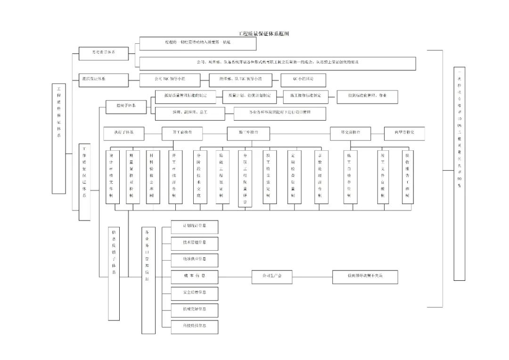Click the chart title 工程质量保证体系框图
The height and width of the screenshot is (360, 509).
[x=263, y=34]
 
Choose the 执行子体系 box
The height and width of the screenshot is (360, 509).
[x=124, y=133]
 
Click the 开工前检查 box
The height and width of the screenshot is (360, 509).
[x=182, y=133]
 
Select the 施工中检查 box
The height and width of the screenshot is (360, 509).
[x=248, y=133]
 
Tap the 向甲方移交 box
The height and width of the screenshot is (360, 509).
[x=404, y=133]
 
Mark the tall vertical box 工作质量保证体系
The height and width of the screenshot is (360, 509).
[x=84, y=182]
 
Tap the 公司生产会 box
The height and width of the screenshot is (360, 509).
[x=272, y=277]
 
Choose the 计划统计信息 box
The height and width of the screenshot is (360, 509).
[x=194, y=227]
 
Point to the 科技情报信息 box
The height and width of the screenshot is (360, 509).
[x=194, y=327]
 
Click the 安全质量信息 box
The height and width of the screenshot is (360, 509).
[x=194, y=293]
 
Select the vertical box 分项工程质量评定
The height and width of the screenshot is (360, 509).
[x=245, y=179]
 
